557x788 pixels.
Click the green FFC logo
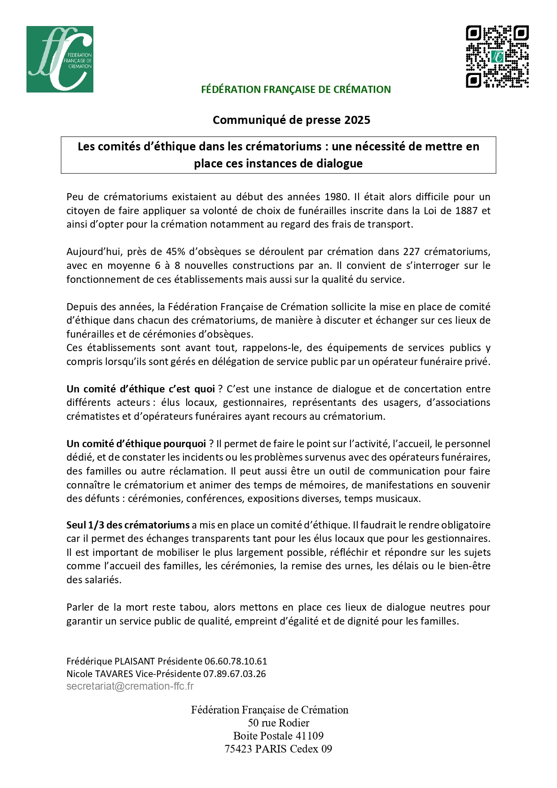60,59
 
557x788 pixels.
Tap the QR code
497,57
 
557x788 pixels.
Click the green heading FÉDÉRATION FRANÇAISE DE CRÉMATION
296,89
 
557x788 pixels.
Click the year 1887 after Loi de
466,211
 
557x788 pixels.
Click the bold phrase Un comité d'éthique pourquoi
136,444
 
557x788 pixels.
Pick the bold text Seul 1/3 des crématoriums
128,525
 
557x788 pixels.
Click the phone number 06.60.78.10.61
236,661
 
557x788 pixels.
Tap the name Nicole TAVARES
100,674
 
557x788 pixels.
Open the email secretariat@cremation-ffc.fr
130,686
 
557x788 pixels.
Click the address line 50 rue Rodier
278,723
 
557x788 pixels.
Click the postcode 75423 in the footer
238,749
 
